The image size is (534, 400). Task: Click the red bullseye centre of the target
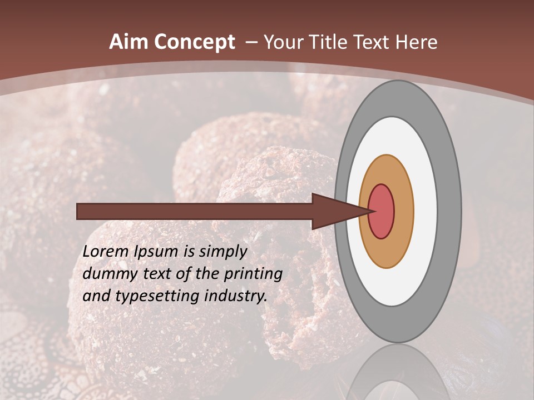[382, 211]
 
